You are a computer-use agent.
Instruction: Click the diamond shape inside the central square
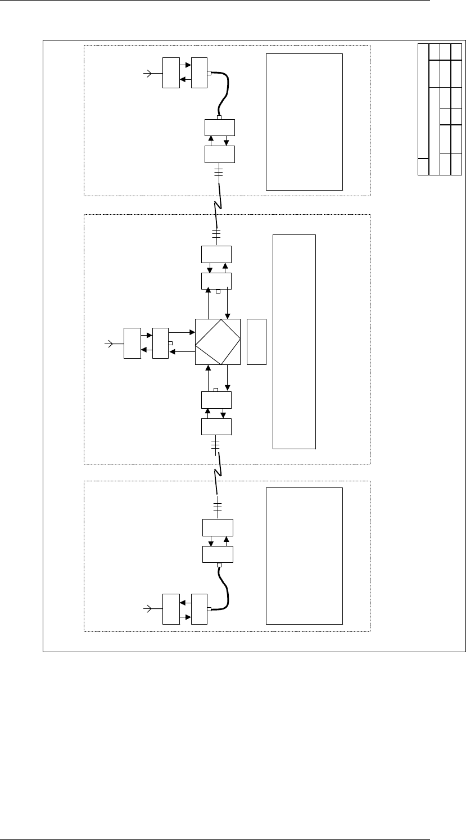[x=218, y=341]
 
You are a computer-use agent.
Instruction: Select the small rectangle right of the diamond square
[x=256, y=341]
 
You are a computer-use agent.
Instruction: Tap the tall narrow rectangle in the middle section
[x=294, y=341]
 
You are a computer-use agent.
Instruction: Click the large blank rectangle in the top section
[x=304, y=122]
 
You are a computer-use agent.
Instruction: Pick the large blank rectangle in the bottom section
[x=304, y=556]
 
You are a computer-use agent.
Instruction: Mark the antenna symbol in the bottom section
[x=148, y=608]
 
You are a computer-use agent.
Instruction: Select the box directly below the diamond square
[x=216, y=400]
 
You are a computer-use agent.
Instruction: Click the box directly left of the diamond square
[x=160, y=342]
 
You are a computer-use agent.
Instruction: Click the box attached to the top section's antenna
[x=171, y=73]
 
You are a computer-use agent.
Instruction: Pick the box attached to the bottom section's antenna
[x=171, y=608]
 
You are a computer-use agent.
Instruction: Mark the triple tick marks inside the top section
[x=218, y=171]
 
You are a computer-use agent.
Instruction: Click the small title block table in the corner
[x=440, y=109]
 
